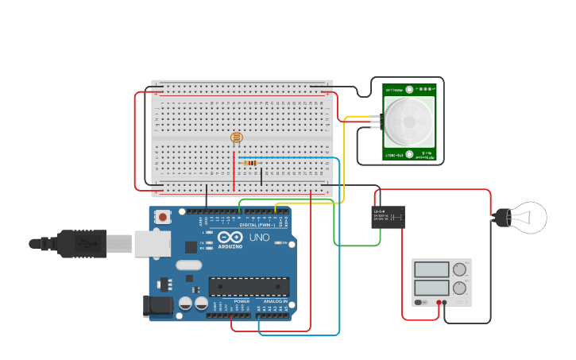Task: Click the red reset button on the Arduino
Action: (x=163, y=216)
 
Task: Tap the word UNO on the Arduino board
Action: (x=260, y=238)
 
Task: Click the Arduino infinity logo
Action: (x=230, y=238)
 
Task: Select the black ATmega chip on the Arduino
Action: (x=249, y=287)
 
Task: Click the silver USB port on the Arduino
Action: (x=153, y=244)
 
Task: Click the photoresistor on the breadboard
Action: (x=236, y=137)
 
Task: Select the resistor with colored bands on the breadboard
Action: (x=250, y=163)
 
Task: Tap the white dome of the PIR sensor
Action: (x=409, y=122)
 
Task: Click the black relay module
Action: (x=388, y=217)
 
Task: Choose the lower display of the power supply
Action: (x=431, y=288)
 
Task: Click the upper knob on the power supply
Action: (x=459, y=269)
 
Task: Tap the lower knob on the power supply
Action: (x=459, y=288)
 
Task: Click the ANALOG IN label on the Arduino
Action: (x=275, y=302)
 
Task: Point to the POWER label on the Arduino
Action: (x=242, y=302)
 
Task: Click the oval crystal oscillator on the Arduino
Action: (x=189, y=265)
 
